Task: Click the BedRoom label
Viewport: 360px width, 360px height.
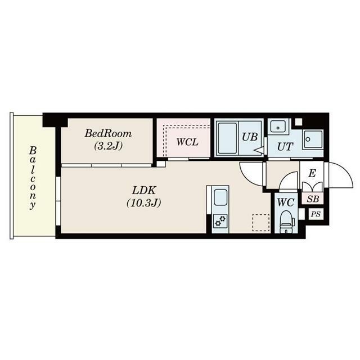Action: (x=108, y=133)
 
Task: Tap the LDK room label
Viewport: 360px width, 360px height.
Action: (x=144, y=190)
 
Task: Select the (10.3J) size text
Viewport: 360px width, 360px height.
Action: (x=144, y=202)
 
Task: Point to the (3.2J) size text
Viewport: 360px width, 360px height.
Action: (x=108, y=146)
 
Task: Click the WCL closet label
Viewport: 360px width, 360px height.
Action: (x=187, y=142)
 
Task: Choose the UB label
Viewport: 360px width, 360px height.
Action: (x=250, y=137)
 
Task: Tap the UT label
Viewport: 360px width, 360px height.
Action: (x=285, y=146)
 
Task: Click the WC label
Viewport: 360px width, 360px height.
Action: (x=286, y=202)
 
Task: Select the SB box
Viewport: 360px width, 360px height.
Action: (x=313, y=199)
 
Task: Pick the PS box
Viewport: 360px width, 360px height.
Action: (x=316, y=214)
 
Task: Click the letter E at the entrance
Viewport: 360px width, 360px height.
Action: (x=312, y=173)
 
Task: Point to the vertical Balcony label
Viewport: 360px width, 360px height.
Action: (x=33, y=178)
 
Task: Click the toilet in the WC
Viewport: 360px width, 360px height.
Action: (x=287, y=221)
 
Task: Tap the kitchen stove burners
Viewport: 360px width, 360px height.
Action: (x=220, y=221)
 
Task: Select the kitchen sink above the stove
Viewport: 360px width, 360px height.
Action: (x=220, y=197)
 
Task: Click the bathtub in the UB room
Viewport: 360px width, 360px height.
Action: (x=227, y=138)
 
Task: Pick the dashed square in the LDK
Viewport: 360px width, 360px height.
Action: (x=261, y=223)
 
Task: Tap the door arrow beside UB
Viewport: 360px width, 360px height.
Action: (x=259, y=151)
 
